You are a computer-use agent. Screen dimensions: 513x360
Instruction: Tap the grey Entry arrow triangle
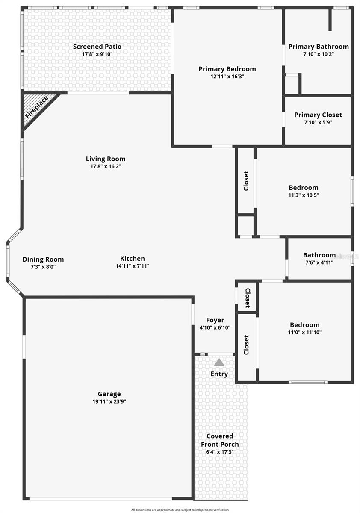tap(219, 363)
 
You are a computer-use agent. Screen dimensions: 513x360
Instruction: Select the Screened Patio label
tap(97, 47)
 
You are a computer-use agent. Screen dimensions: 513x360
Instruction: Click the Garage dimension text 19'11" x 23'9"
tap(109, 401)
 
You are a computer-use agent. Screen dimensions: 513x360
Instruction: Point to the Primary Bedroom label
tap(227, 69)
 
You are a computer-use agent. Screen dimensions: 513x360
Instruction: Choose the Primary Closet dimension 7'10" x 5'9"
tap(318, 122)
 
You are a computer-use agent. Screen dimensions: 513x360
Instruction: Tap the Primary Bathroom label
tap(318, 47)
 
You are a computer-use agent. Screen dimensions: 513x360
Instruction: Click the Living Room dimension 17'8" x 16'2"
tap(106, 166)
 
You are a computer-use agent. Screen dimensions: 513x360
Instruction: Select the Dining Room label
tap(43, 259)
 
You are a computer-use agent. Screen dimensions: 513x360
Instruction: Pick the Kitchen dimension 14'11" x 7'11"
tap(132, 266)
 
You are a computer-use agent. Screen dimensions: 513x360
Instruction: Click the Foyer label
tap(215, 320)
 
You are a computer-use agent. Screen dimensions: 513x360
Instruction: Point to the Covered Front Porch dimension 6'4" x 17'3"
tap(220, 452)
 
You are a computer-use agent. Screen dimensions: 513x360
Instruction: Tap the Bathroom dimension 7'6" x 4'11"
tap(318, 262)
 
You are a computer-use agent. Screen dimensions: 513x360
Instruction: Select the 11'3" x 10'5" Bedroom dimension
tap(304, 195)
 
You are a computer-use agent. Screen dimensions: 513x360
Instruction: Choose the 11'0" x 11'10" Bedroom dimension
tap(304, 332)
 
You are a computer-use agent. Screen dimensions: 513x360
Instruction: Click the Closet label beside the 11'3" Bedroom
tap(246, 181)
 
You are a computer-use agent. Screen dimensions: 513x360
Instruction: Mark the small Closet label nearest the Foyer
tap(247, 298)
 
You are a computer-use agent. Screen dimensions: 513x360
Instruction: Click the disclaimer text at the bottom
tap(180, 510)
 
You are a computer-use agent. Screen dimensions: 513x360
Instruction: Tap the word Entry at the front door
tap(219, 374)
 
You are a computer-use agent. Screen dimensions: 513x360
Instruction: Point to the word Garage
tap(109, 394)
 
